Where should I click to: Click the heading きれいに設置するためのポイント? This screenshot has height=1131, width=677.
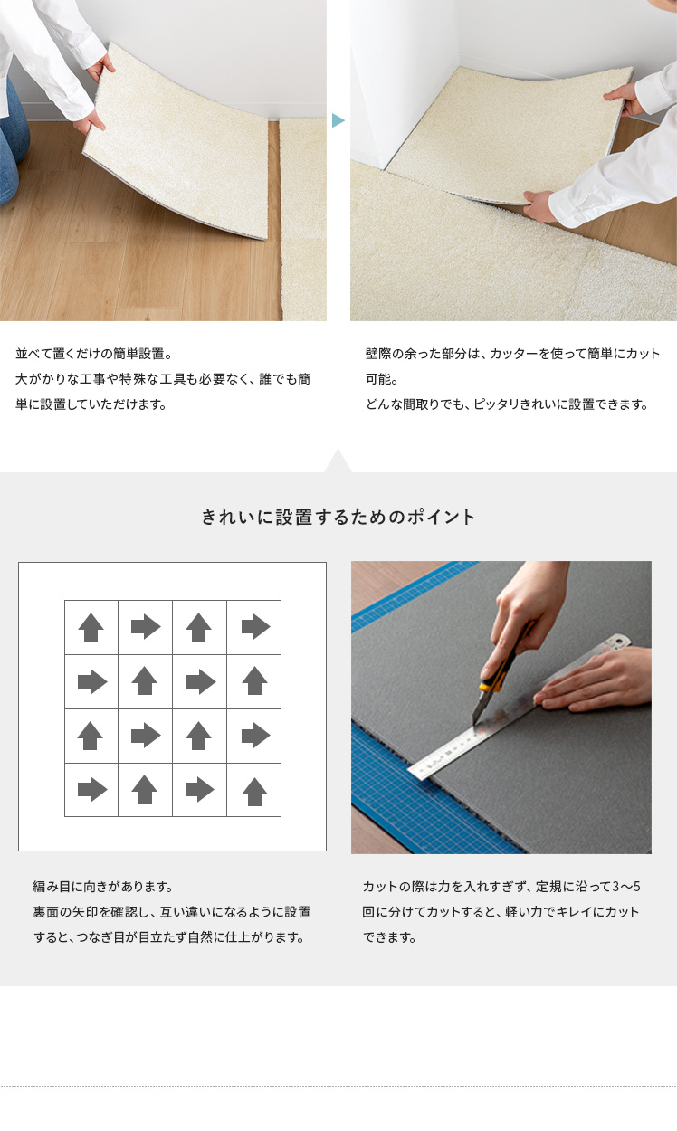click(338, 517)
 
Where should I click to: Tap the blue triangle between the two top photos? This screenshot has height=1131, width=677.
click(338, 120)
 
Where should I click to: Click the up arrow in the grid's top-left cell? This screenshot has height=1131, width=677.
click(91, 627)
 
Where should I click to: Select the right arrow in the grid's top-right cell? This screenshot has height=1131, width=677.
click(255, 627)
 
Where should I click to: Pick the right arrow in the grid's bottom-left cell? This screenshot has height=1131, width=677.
click(92, 790)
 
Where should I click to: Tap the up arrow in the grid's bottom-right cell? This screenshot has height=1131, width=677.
click(254, 792)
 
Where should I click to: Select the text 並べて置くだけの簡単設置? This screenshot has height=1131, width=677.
click(90, 354)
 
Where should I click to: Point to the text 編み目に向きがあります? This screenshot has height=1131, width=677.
click(99, 887)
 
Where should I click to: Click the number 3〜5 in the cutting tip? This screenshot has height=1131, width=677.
click(626, 887)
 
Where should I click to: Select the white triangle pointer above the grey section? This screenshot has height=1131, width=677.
click(338, 461)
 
